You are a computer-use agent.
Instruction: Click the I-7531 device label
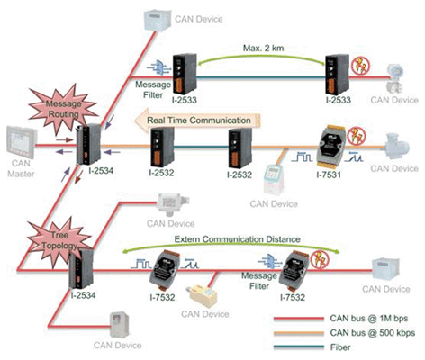pos(329,175)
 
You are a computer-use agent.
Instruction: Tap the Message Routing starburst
pos(64,109)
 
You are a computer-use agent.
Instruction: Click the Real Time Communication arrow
pos(197,121)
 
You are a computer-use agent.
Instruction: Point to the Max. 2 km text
pos(263,48)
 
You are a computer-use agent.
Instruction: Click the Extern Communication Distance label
pos(238,239)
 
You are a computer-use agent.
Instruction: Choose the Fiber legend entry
pos(340,347)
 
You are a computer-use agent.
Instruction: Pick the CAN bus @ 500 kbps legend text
pos(373,333)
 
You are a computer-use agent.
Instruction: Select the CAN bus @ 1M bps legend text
pos(369,319)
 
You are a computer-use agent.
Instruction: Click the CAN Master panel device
pos(22,143)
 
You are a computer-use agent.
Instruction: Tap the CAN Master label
pos(21,168)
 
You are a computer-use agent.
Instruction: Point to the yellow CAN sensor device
pos(203,296)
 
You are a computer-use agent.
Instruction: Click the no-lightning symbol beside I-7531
pos(357,136)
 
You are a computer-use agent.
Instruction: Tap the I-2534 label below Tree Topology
pos(83,295)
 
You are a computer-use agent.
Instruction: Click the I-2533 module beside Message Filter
pos(185,74)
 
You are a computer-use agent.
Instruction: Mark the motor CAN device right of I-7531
pos(397,146)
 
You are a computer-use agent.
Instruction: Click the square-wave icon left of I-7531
pos(303,157)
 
